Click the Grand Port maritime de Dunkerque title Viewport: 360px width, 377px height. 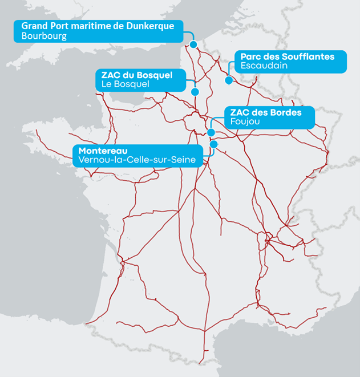[98, 26]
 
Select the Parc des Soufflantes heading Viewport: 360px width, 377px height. [288, 57]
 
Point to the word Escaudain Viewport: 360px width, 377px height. [264, 66]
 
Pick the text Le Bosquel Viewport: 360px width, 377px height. [125, 84]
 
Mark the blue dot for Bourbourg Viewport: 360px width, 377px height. [193, 44]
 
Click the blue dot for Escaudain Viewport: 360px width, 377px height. [228, 80]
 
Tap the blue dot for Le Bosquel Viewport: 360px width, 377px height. [195, 91]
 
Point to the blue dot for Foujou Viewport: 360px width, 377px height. [211, 132]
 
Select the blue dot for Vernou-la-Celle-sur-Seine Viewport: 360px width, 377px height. [214, 145]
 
